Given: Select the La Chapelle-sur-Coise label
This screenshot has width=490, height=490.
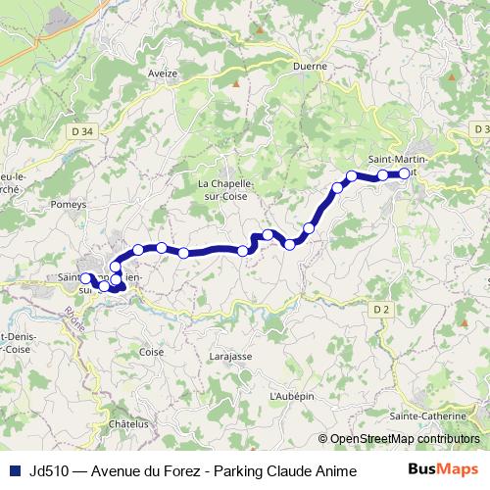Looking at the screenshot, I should coord(225,189).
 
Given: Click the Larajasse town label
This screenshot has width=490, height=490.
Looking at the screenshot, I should coord(231,360).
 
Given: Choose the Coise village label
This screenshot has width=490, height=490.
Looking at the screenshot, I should coord(152,351).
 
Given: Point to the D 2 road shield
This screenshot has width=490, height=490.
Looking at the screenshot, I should coord(381,311).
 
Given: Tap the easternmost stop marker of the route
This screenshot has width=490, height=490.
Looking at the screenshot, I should coord(404,173).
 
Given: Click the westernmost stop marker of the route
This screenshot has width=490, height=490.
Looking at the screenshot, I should coord(85,278).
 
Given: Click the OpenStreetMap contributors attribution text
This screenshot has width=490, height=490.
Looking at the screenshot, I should coord(405,439).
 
